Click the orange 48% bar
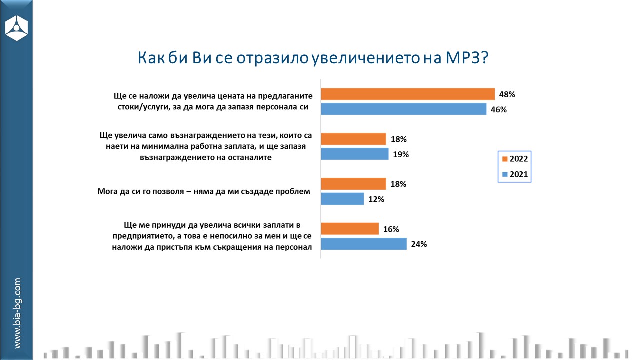(407, 94)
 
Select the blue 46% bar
(403, 109)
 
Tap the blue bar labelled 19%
(354, 154)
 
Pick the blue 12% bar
(342, 199)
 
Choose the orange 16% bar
(350, 229)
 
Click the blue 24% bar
(364, 244)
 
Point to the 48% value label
(507, 94)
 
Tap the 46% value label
(499, 110)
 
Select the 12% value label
(376, 200)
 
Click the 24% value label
(419, 245)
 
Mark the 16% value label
(391, 230)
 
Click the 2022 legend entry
(514, 159)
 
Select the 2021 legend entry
(514, 174)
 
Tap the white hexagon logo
(16, 28)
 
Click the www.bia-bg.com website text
(17, 313)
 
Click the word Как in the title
(152, 58)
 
